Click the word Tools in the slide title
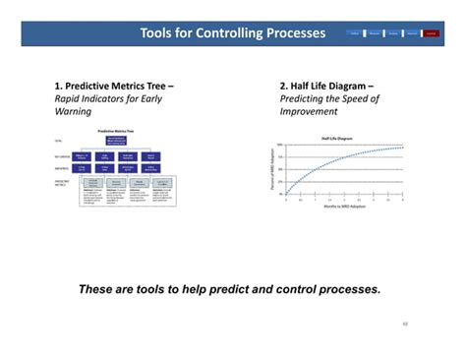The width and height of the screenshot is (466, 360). pyautogui.click(x=158, y=33)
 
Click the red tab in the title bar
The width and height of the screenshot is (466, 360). pyautogui.click(x=432, y=33)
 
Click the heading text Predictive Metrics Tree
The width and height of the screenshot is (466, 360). pyautogui.click(x=114, y=86)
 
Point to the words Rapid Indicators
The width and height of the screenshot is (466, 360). pyautogui.click(x=88, y=98)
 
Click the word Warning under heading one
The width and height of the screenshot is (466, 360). pyautogui.click(x=72, y=111)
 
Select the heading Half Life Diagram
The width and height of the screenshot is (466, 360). pyautogui.click(x=331, y=86)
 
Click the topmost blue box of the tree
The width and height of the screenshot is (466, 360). pyautogui.click(x=116, y=140)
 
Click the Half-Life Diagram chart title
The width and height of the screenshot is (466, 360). pyautogui.click(x=338, y=139)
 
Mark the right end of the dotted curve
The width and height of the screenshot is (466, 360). pyautogui.click(x=402, y=148)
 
